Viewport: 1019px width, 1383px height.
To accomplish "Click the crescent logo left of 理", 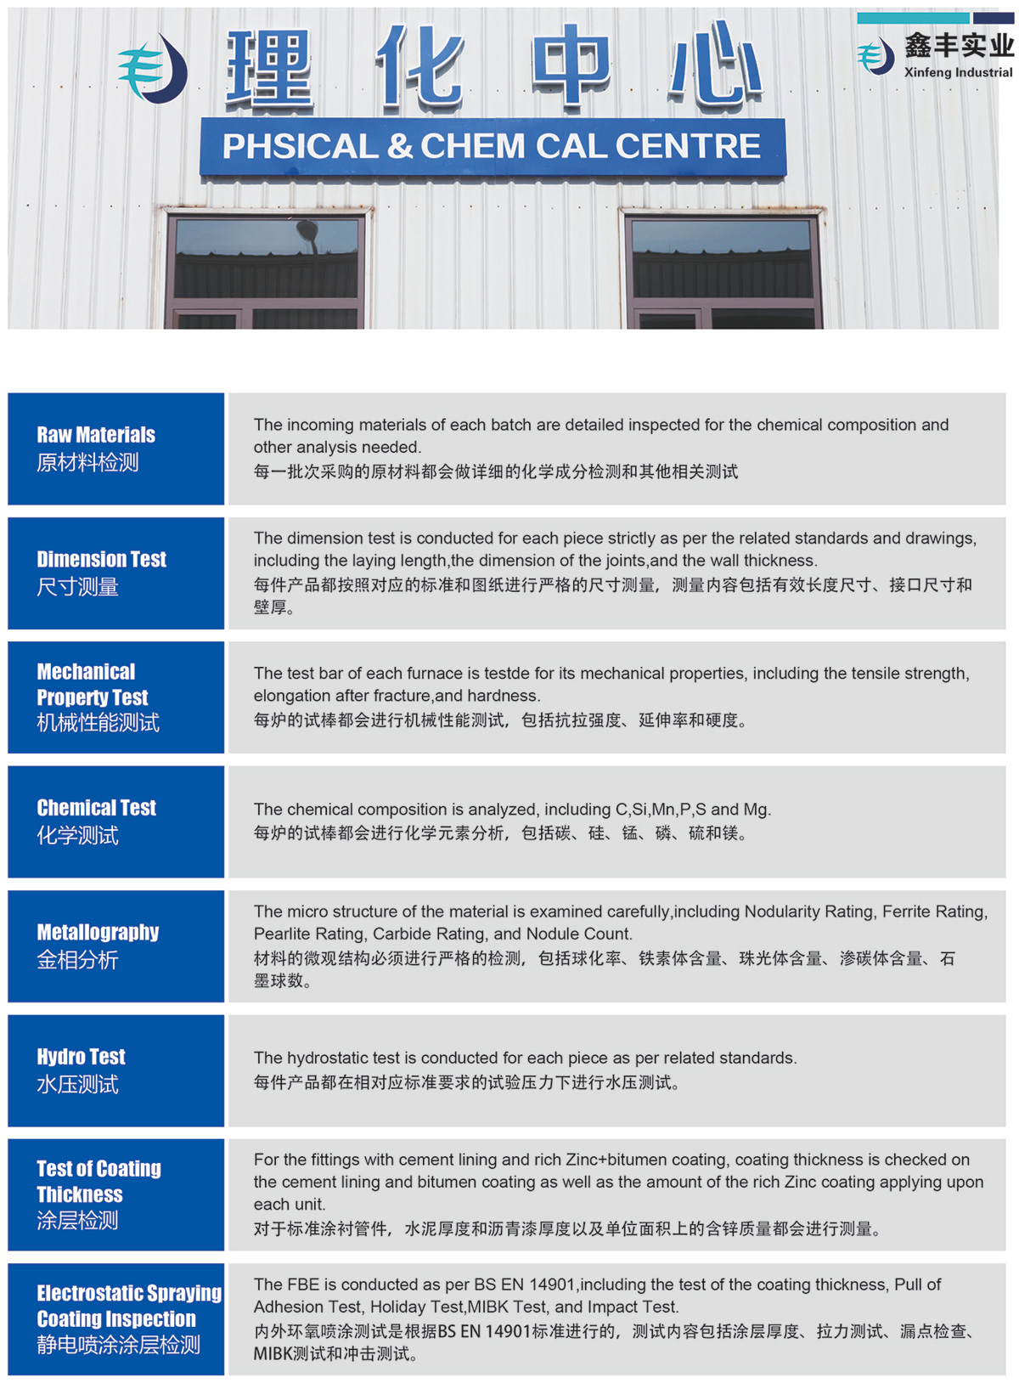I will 154,70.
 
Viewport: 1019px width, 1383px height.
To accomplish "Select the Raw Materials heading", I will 96,435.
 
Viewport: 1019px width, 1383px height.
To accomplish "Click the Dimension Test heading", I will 101,559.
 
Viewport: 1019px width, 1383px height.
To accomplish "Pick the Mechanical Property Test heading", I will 92,685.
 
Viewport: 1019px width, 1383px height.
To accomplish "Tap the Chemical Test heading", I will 96,808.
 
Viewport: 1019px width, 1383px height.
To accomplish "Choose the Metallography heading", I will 98,932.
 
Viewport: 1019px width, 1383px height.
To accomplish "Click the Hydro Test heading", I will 81,1057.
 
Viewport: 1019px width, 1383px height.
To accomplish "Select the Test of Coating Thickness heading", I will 99,1182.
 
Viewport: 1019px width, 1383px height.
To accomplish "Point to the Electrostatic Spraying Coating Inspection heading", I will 128,1306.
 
